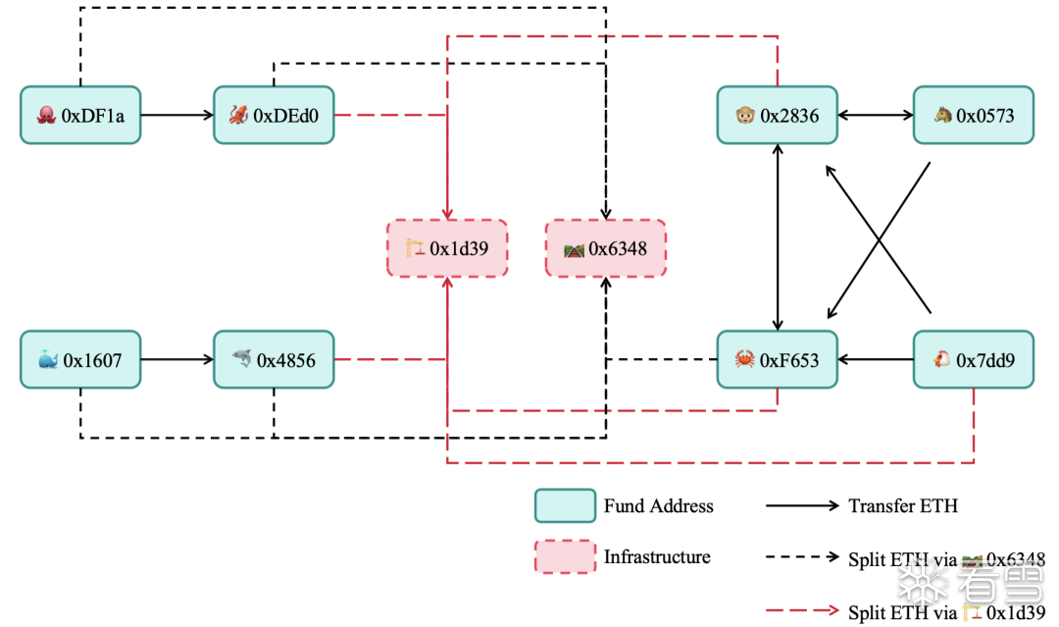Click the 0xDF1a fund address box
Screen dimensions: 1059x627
[x=80, y=115]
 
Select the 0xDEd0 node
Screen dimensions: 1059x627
[x=274, y=115]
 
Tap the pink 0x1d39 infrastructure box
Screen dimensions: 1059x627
[x=447, y=248]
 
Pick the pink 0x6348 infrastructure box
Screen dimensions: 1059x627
[x=606, y=248]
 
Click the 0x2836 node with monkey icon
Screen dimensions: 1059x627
[x=778, y=115]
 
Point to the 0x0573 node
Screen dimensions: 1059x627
[x=974, y=115]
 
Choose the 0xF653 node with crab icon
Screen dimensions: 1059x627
[x=778, y=359]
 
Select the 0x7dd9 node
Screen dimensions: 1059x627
[x=974, y=359]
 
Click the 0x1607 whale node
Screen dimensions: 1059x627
[x=80, y=359]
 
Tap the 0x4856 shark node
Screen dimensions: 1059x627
[x=274, y=359]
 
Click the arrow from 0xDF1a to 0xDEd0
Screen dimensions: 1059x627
[x=176, y=115]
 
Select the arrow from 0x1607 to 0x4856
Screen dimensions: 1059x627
[x=176, y=359]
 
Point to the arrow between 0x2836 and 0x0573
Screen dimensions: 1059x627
[x=876, y=115]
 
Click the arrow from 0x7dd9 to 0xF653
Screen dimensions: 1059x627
[x=876, y=359]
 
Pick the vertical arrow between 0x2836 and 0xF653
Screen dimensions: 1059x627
[x=778, y=237]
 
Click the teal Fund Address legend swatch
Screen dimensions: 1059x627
[x=566, y=506]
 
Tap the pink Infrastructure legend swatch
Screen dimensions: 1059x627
[x=566, y=556]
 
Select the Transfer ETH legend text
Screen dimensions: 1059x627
[x=903, y=506]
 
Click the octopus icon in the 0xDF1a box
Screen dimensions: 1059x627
[x=46, y=116]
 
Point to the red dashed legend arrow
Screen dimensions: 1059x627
[x=802, y=610]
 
